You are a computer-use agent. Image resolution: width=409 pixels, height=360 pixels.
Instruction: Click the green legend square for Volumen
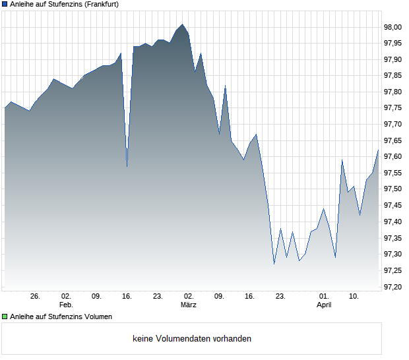[x=5, y=316]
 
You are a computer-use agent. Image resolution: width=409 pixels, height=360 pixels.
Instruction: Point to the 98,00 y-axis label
[x=393, y=27]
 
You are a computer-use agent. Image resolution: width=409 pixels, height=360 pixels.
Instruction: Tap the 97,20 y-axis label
[x=393, y=287]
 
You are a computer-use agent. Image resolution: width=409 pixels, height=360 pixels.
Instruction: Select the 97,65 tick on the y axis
[x=393, y=140]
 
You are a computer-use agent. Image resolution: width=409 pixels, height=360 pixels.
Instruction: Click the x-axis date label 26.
[x=36, y=297]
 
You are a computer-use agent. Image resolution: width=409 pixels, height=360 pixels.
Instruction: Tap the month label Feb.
[x=66, y=305]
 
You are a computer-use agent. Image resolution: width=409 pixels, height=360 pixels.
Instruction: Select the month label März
[x=189, y=305]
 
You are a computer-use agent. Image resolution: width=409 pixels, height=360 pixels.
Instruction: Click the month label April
[x=324, y=305]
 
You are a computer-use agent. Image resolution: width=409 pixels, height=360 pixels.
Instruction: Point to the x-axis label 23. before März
[x=158, y=297]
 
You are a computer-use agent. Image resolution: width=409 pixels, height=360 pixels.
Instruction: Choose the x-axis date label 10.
[x=354, y=297]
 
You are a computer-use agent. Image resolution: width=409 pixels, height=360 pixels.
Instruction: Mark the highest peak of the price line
[x=183, y=24]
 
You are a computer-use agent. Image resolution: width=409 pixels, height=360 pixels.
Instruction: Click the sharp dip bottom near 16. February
[x=127, y=166]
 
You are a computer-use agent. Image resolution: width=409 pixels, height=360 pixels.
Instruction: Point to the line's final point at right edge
[x=378, y=150]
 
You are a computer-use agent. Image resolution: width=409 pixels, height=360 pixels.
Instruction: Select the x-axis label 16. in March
[x=249, y=297]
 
